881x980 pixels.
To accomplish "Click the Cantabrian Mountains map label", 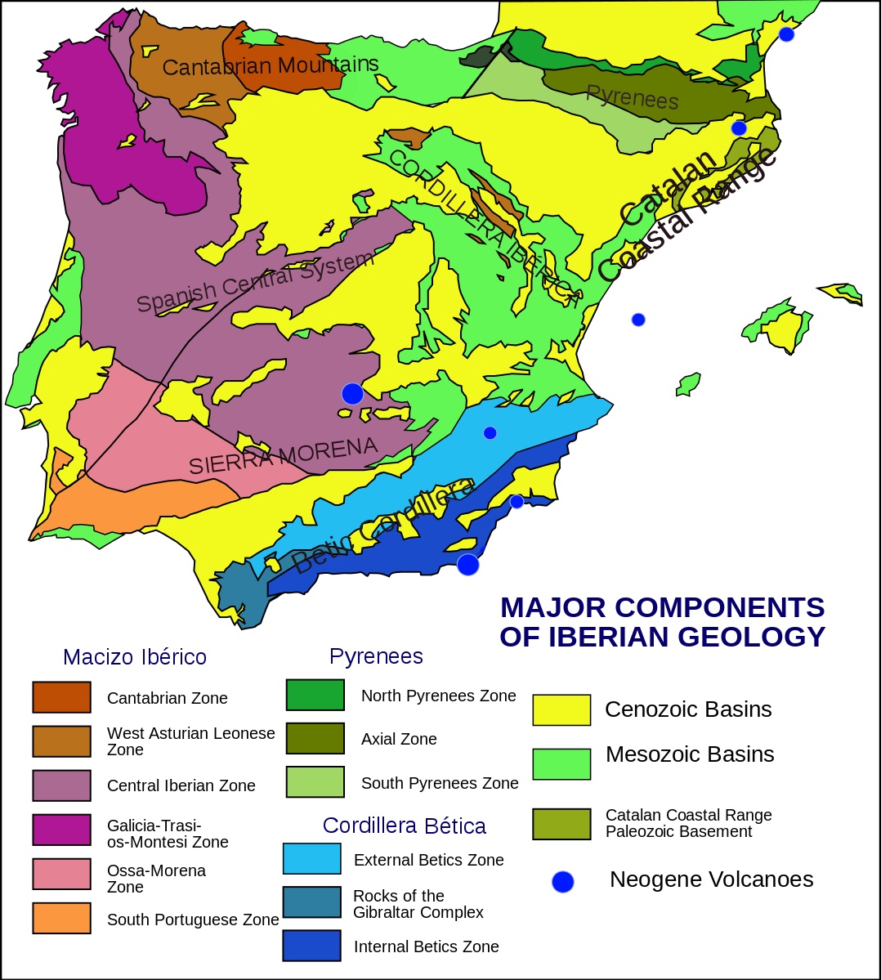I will pyautogui.click(x=270, y=65).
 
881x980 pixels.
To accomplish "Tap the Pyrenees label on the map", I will pyautogui.click(x=632, y=98).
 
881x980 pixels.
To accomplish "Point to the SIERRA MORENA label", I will pyautogui.click(x=283, y=456).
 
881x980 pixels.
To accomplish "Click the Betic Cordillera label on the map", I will pyautogui.click(x=382, y=526).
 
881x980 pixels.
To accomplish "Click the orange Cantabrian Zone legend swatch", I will pyautogui.click(x=61, y=697).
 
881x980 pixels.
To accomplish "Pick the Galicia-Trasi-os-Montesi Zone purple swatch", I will pyautogui.click(x=61, y=830).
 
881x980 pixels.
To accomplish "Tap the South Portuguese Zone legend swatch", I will pyautogui.click(x=61, y=918).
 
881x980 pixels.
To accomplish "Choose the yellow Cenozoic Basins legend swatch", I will pyautogui.click(x=561, y=709).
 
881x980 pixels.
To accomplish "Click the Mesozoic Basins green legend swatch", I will pyautogui.click(x=561, y=763).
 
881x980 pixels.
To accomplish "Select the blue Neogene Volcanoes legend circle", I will pyautogui.click(x=563, y=881).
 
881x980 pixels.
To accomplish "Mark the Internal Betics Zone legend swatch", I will pyautogui.click(x=311, y=946).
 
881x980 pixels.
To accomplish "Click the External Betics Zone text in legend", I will pyautogui.click(x=428, y=860).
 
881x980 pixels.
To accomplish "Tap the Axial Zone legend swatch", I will pyautogui.click(x=315, y=738).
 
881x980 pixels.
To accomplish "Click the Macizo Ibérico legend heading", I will pyautogui.click(x=135, y=657).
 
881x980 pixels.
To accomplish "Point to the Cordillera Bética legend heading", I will pyautogui.click(x=404, y=826).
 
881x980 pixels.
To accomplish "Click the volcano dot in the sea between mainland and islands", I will pyautogui.click(x=638, y=320).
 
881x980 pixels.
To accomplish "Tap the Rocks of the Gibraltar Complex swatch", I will pyautogui.click(x=311, y=902).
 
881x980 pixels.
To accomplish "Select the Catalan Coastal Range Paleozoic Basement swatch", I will pyautogui.click(x=561, y=824).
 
